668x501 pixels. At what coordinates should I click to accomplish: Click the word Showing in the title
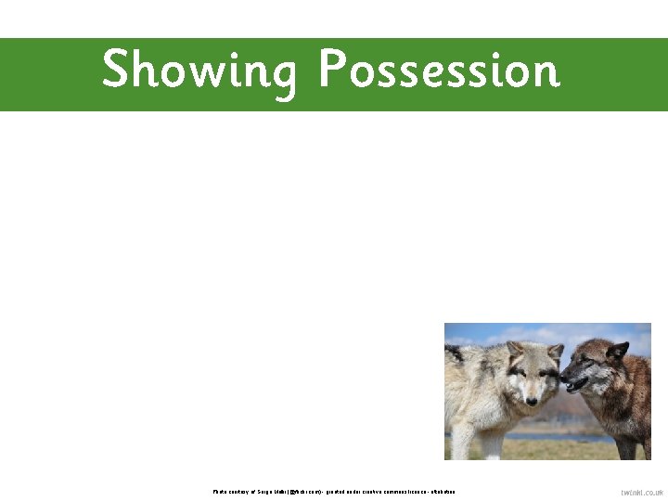pos(199,71)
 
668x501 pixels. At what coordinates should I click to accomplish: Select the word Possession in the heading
pos(439,70)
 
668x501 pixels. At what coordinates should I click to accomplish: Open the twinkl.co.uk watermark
pos(642,493)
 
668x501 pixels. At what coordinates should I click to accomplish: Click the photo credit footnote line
pos(334,491)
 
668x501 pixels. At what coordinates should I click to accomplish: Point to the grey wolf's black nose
pos(532,401)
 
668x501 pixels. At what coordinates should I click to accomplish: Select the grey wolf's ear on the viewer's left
pos(514,350)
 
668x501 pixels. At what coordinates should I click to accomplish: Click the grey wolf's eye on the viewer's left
pos(522,374)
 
